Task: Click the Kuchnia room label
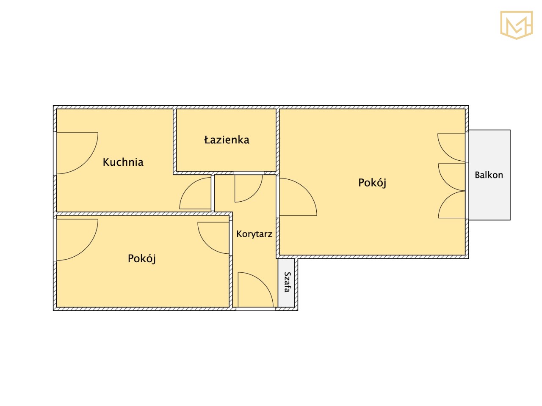pos(123,162)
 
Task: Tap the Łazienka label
pos(227,140)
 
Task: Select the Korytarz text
pos(254,234)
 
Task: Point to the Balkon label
pos(489,175)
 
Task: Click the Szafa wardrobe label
pos(287,282)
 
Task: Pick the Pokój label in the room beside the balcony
pos(372,183)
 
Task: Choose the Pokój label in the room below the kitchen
pos(141,258)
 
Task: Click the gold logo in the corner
pos(516,25)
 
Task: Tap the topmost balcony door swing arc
pos(446,153)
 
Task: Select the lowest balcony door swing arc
pos(446,199)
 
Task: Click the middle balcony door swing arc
pos(446,183)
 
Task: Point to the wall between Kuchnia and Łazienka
pos(174,141)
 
